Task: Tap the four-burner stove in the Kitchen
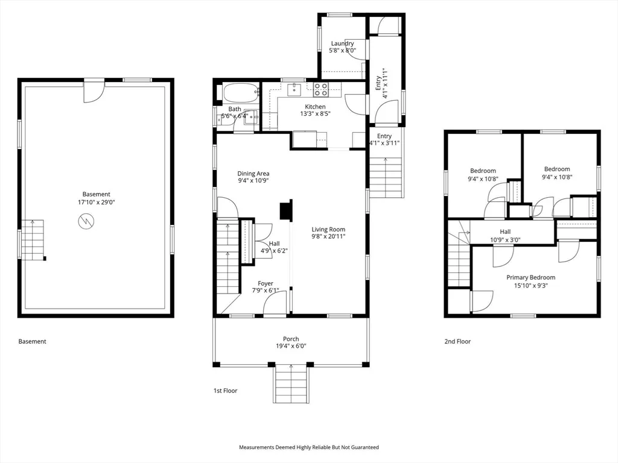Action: click(321, 90)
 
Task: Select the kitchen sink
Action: click(294, 90)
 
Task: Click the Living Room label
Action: click(328, 229)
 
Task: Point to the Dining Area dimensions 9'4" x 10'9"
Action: click(253, 181)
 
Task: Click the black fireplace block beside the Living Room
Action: click(285, 209)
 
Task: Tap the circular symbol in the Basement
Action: click(86, 221)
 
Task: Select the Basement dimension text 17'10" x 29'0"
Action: click(96, 203)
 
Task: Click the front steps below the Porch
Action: click(291, 383)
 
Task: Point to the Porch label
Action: click(291, 339)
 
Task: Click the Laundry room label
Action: click(343, 43)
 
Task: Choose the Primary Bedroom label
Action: click(531, 277)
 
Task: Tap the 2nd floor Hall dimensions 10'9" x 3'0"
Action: click(505, 239)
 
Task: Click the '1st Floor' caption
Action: click(226, 391)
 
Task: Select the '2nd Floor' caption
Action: click(457, 341)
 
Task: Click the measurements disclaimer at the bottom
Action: click(309, 447)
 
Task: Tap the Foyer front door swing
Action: click(275, 304)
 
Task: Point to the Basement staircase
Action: click(33, 240)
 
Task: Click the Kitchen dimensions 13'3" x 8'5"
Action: click(315, 114)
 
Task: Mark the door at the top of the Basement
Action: click(94, 91)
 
